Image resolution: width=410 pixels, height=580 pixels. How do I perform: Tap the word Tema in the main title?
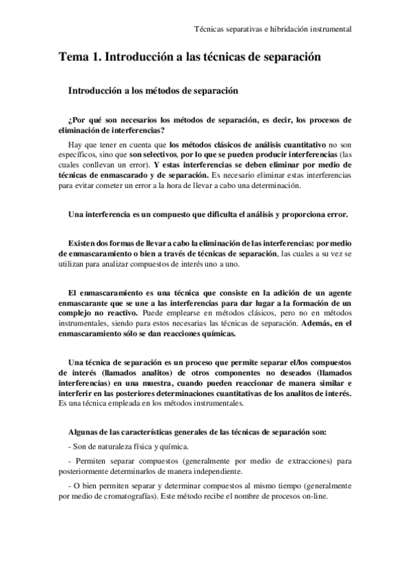pos(73,59)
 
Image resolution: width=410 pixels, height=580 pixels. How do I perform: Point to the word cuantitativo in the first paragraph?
pos(300,145)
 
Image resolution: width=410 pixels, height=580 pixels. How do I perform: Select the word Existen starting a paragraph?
pos(84,244)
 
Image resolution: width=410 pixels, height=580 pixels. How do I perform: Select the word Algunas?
pos(86,432)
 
